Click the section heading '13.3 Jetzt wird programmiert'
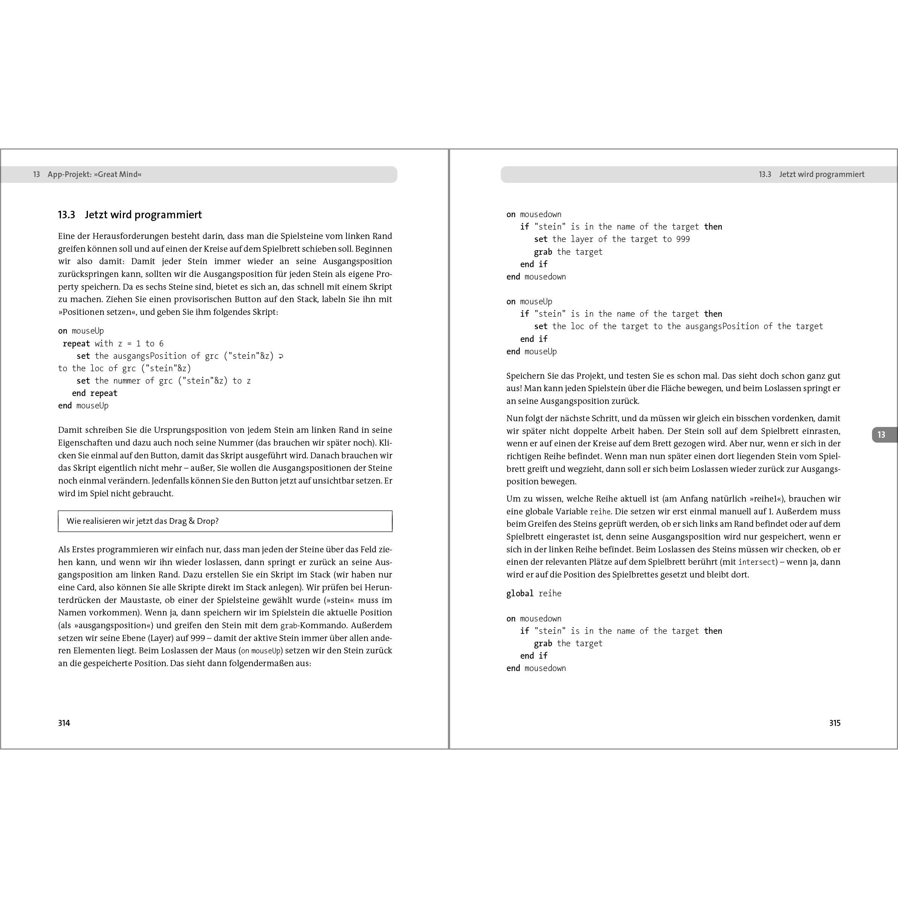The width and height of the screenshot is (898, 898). coord(130,215)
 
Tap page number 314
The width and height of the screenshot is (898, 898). coord(64,723)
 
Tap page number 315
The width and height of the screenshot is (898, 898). coord(835,723)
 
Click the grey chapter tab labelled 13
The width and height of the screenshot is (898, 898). coord(881,435)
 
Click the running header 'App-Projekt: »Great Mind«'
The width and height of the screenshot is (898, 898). coord(94,174)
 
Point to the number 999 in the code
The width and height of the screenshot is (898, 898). coord(683,239)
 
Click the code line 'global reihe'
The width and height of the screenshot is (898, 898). coord(534,594)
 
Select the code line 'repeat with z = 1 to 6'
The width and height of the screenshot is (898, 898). coord(113,343)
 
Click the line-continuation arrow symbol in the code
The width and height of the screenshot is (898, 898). coord(281,357)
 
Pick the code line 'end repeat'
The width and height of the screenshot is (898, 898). coord(94,393)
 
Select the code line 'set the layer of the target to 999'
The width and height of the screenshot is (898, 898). coord(612,239)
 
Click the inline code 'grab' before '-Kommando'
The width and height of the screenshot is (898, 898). coord(288,626)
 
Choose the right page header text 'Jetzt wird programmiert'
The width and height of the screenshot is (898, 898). coord(821,174)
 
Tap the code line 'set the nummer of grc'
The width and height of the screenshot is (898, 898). coord(163,381)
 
